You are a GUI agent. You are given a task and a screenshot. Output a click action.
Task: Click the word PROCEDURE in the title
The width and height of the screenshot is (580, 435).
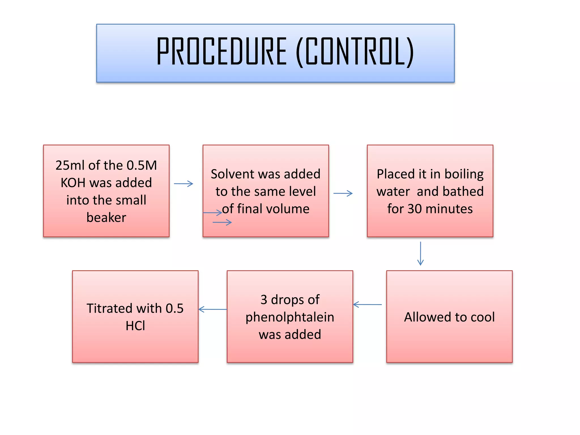coord(222,52)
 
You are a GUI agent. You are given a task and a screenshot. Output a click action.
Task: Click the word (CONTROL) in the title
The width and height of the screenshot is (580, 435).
coord(355,52)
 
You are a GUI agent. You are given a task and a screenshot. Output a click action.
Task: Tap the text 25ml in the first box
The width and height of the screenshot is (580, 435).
coord(69,165)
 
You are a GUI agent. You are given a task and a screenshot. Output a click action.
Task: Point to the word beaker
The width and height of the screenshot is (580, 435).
coord(106,217)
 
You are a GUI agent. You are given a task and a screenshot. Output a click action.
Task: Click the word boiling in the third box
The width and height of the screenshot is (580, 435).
coord(464,174)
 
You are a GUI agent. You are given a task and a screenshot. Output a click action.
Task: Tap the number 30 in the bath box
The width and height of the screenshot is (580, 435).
coord(415,209)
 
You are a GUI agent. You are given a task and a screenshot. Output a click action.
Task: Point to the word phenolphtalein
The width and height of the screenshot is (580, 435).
coord(290,317)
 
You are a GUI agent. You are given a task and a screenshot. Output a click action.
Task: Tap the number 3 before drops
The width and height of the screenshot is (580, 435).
coord(264,300)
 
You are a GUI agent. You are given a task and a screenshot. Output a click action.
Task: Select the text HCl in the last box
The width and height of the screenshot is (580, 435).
coord(135,326)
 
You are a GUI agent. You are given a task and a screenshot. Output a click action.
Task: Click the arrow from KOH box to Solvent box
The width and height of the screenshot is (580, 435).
coord(184,184)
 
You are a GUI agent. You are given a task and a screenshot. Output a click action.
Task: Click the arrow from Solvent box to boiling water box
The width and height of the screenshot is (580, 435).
coord(343,193)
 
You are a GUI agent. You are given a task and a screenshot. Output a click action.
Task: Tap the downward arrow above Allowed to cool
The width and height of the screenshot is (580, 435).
coord(421,253)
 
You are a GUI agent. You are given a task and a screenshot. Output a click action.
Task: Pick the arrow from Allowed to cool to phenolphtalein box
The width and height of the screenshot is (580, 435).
coord(368,304)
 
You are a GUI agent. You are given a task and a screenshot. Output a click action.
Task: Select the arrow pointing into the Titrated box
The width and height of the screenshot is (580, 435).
coord(213,309)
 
